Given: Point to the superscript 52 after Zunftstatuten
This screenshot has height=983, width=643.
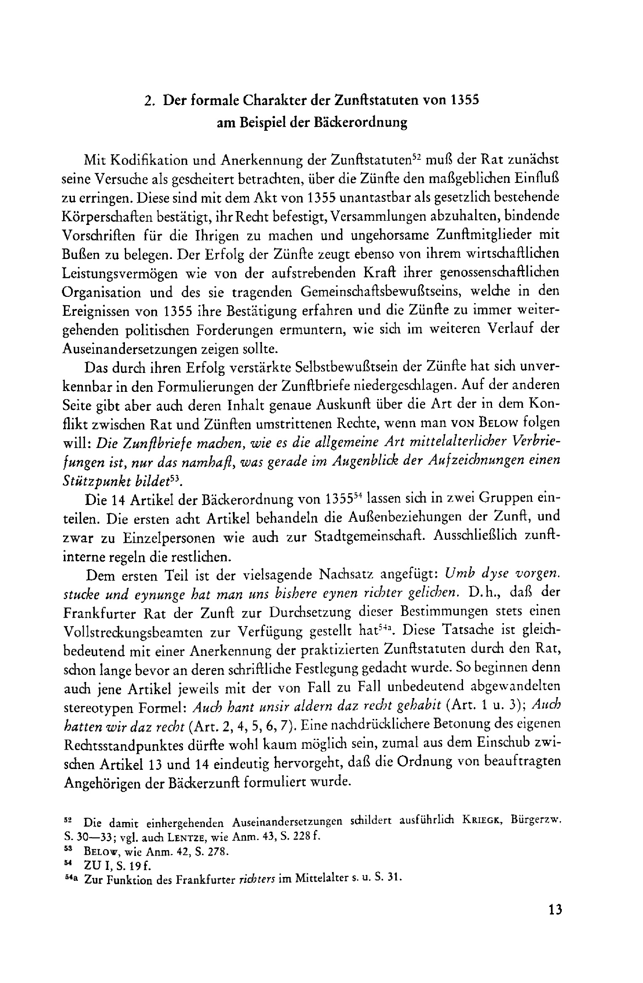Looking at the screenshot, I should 416,156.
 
